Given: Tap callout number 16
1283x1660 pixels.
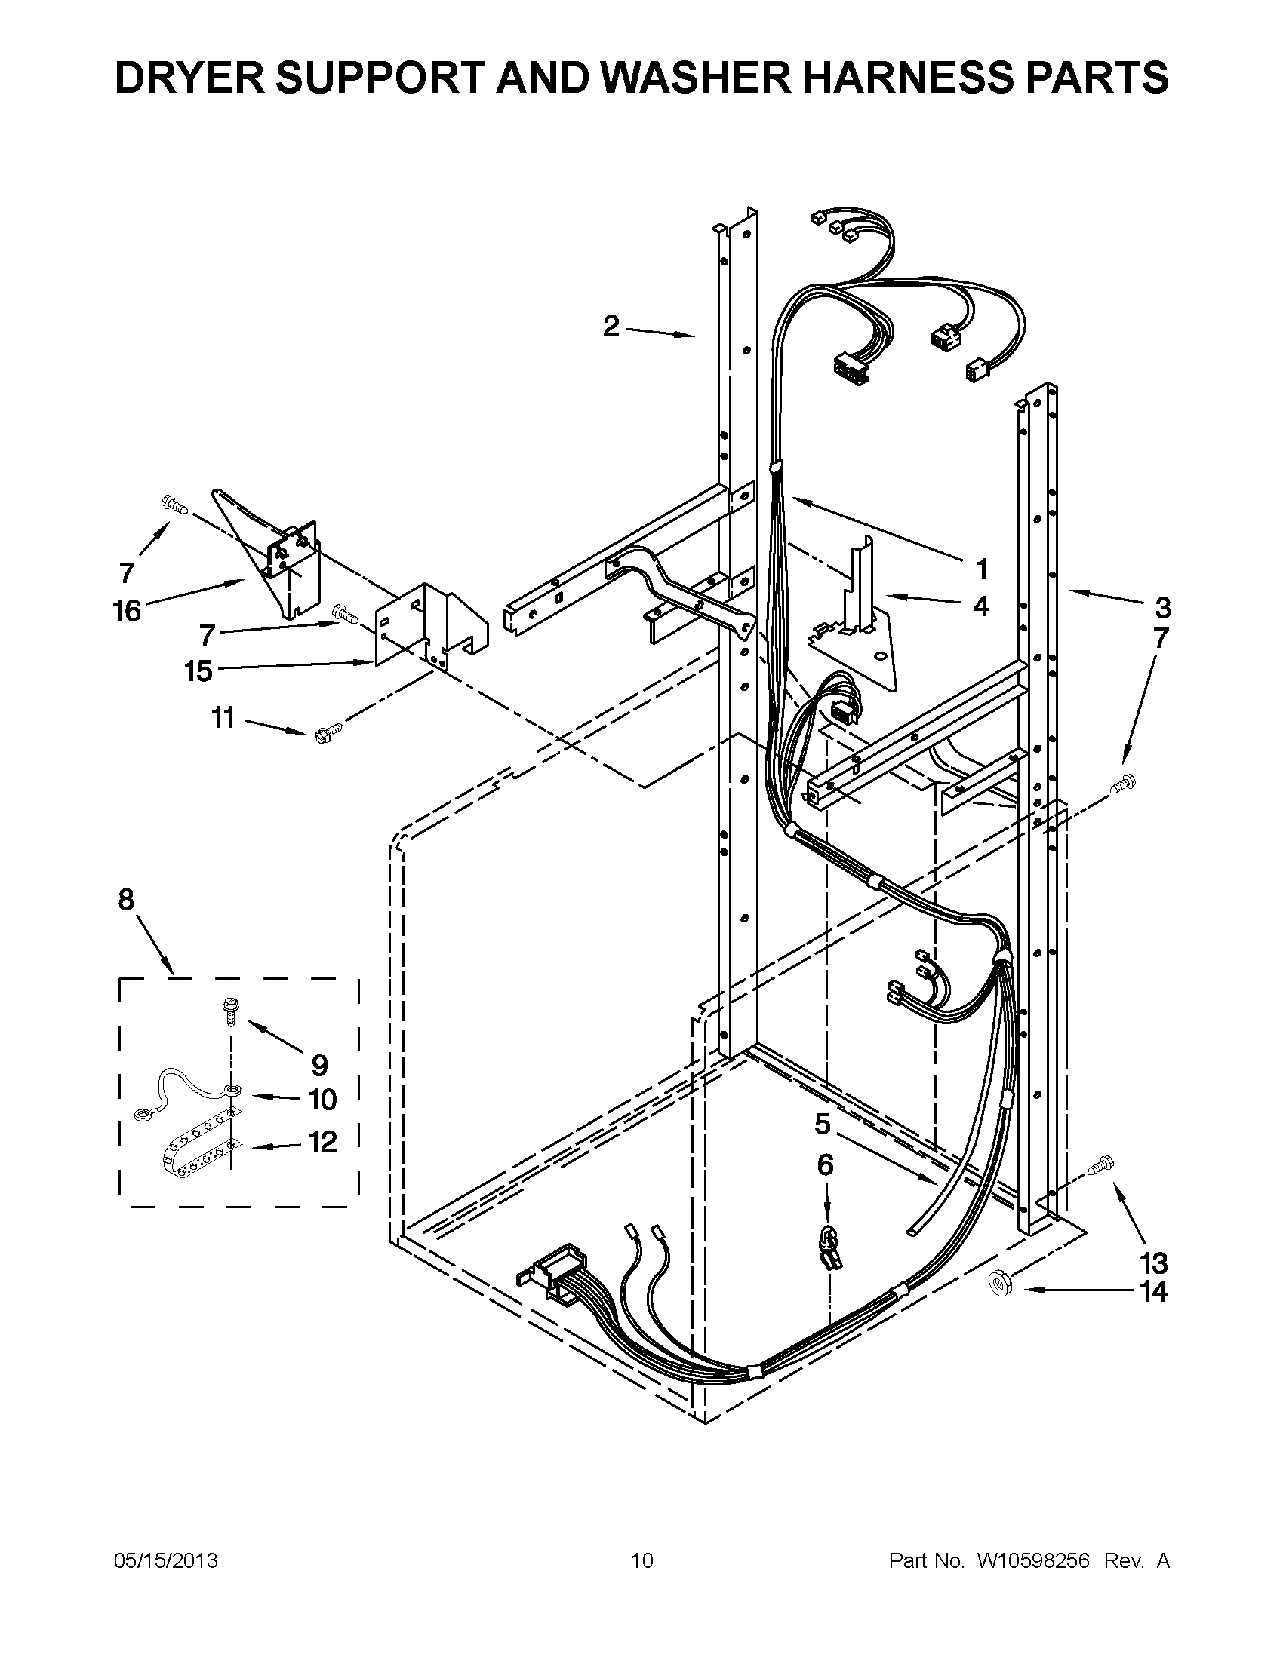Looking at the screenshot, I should [128, 609].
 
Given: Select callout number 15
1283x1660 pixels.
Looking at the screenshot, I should [198, 671].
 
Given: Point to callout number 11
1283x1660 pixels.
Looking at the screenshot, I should [223, 717].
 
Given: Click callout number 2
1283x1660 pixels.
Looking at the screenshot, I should [611, 327].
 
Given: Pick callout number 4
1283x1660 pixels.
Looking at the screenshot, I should [981, 606].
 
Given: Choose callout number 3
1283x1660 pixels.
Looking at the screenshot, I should [1162, 608].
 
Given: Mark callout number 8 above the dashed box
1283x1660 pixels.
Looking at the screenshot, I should [126, 900].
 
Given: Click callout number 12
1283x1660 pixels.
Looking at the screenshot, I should [322, 1162].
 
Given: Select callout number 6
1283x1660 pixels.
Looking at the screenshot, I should [825, 1165].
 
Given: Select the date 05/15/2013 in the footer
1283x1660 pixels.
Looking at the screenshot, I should [166, 1560].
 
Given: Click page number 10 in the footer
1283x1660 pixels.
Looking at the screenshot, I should [643, 1560].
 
